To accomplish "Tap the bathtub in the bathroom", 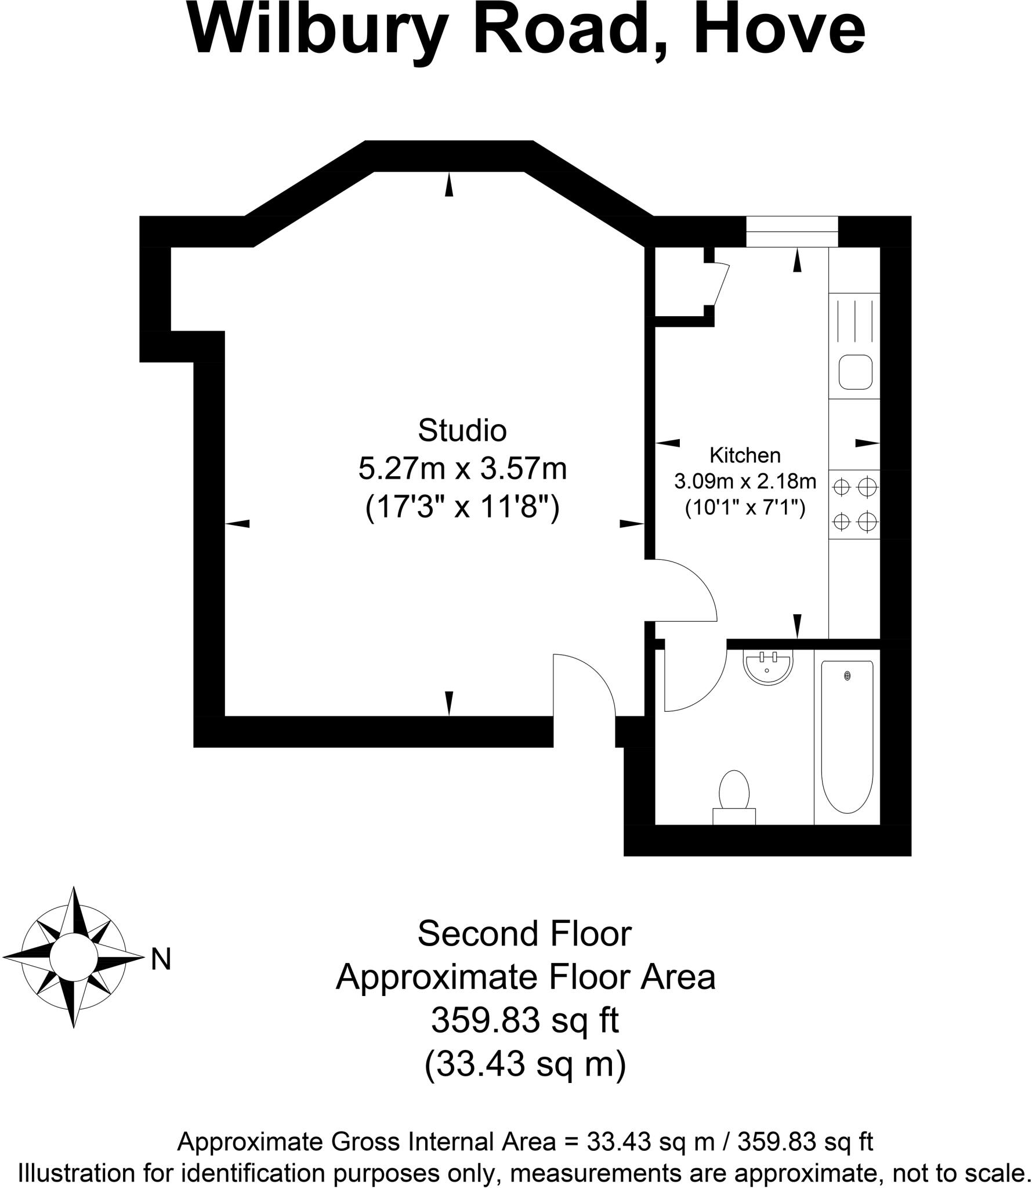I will point(847,737).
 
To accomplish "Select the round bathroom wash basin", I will point(767,668).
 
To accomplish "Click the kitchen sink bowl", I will point(855,372).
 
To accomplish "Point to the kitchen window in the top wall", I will point(792,231).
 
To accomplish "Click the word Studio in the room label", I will point(462,430).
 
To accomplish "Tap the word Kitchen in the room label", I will point(745,455).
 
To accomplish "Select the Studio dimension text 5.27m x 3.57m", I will point(462,469).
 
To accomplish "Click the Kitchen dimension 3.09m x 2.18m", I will point(745,481).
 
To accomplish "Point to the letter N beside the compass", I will point(161,959).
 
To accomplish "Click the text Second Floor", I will point(524,935).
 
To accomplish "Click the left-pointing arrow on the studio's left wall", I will point(237,524).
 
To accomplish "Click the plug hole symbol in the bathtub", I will point(848,676).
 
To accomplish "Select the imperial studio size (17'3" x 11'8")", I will point(462,508).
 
